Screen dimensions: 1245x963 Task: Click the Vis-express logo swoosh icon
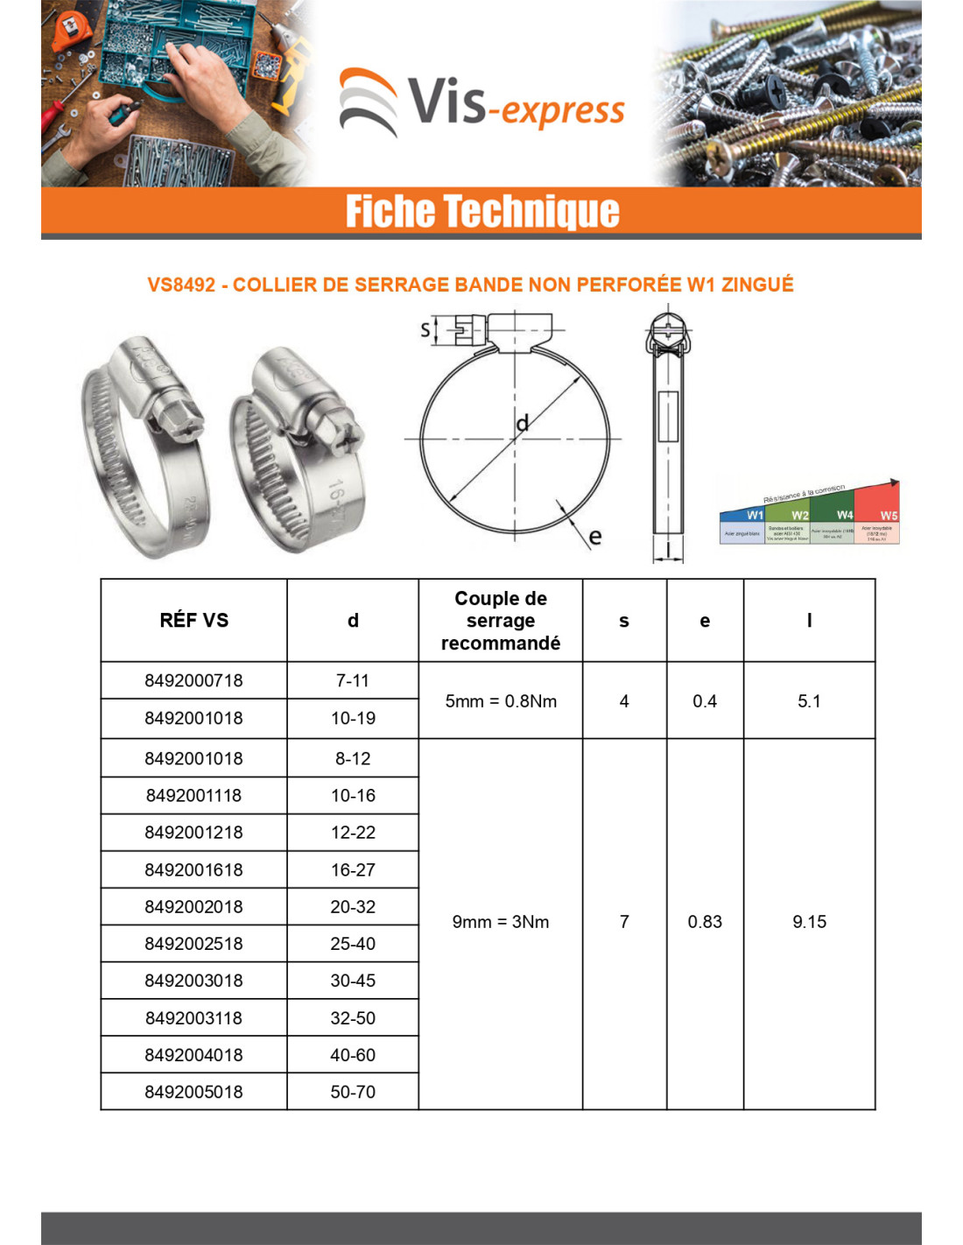(x=368, y=102)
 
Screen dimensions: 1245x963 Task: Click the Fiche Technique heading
(x=481, y=211)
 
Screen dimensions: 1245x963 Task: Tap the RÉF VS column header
(x=193, y=621)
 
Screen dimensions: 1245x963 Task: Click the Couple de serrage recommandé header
(x=500, y=621)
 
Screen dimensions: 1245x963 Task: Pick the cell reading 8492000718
(x=193, y=680)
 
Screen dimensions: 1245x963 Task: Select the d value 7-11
(x=353, y=680)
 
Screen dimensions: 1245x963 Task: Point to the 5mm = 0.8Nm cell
(x=500, y=701)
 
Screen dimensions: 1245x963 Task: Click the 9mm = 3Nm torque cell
(x=500, y=922)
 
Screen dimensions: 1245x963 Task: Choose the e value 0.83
(x=705, y=922)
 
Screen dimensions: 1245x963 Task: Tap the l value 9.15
(x=809, y=922)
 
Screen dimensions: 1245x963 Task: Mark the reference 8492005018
(x=193, y=1092)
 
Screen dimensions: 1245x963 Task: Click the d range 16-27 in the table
(x=353, y=870)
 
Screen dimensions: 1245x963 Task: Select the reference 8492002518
(x=193, y=944)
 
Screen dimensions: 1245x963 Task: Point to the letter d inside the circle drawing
(x=523, y=424)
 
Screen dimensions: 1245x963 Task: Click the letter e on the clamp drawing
(x=595, y=536)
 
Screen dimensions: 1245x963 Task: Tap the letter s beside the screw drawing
(x=425, y=329)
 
